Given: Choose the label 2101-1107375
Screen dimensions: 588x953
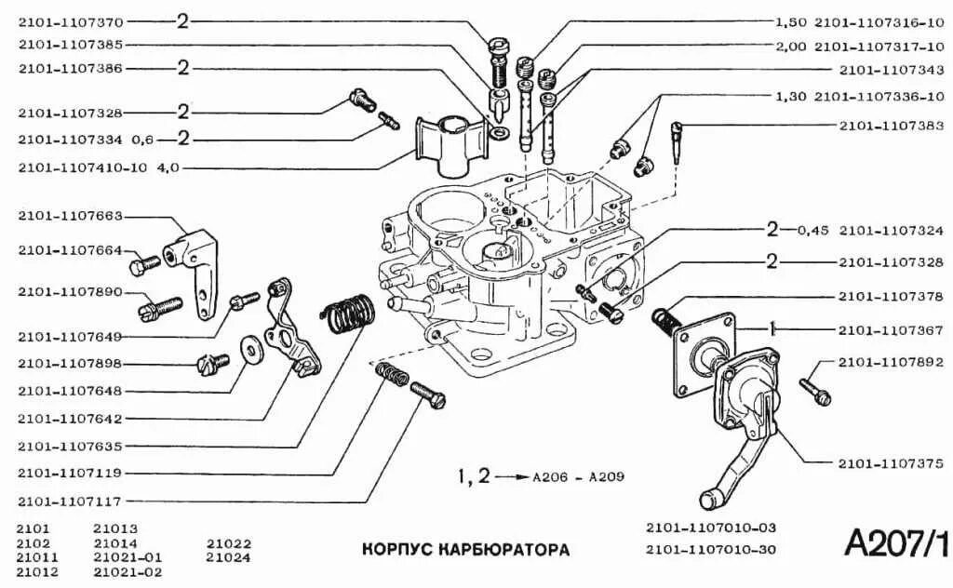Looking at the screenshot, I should tap(891, 462).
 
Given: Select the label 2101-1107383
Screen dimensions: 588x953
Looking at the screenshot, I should tap(891, 125).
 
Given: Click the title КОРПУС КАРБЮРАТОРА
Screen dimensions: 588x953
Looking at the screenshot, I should tap(465, 549).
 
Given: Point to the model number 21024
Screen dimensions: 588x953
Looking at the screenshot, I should tap(229, 557).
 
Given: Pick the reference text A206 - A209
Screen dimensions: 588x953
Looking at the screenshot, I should tap(578, 478).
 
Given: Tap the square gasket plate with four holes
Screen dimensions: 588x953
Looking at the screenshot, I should tap(705, 353).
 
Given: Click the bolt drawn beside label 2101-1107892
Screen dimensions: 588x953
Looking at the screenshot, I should tap(813, 385).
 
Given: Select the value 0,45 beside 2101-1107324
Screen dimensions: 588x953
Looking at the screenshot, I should tap(812, 229).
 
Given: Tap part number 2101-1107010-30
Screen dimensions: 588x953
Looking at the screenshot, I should tap(711, 549).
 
